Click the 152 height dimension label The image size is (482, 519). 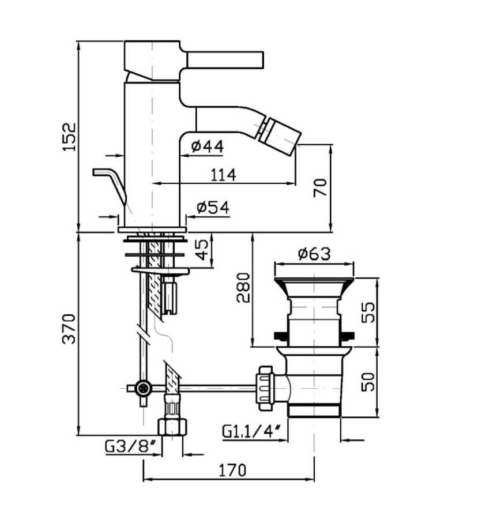(x=70, y=137)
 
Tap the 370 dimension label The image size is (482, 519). (x=70, y=329)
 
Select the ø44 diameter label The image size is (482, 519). (x=208, y=146)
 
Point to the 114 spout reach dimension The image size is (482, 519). (x=224, y=175)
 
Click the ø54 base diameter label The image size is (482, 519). (x=213, y=208)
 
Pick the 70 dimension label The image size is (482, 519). (x=320, y=187)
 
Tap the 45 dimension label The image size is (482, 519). (x=202, y=249)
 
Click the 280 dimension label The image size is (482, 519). (x=243, y=287)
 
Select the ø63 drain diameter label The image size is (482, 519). (x=314, y=254)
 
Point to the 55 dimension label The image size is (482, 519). (x=368, y=312)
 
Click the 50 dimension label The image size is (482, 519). (x=368, y=382)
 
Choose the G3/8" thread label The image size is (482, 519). (x=131, y=446)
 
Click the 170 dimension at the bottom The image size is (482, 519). (x=232, y=470)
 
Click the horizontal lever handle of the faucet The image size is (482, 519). (x=225, y=60)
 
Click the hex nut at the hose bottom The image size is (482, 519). (x=172, y=427)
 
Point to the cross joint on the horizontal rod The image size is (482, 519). (x=144, y=388)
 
